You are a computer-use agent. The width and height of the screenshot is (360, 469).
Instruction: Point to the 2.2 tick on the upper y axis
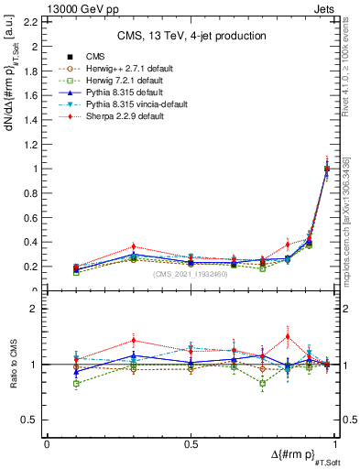point(34,21)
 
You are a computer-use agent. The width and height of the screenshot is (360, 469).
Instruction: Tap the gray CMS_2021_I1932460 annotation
point(190,275)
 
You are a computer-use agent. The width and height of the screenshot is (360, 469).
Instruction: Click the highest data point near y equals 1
point(327,168)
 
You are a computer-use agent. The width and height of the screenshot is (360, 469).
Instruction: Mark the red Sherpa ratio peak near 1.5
point(288,336)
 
